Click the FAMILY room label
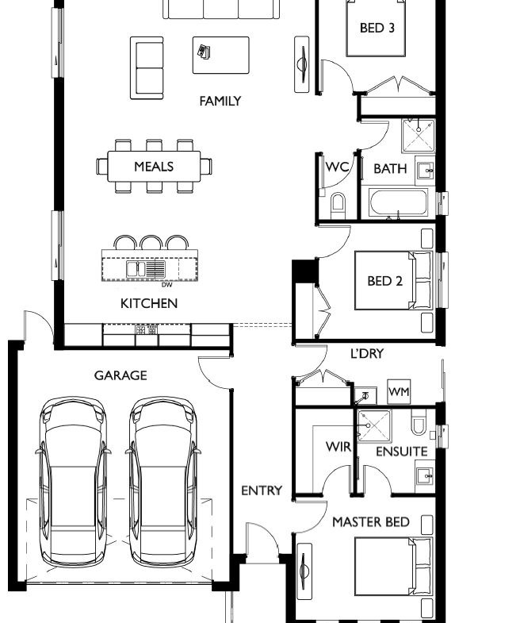[220, 102]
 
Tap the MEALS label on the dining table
[154, 167]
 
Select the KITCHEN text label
[149, 303]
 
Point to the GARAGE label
[120, 375]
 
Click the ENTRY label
[262, 490]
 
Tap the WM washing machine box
[399, 392]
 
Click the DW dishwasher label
[167, 284]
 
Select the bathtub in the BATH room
[399, 202]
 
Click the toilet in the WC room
[338, 203]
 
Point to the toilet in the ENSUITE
[419, 422]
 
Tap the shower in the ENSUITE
[374, 426]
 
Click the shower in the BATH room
[419, 136]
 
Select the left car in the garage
[74, 482]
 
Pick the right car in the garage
[163, 482]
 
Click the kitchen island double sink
[137, 269]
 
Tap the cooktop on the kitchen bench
[147, 329]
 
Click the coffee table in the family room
[221, 56]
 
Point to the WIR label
[338, 447]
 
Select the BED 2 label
[385, 281]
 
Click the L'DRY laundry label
[367, 354]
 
